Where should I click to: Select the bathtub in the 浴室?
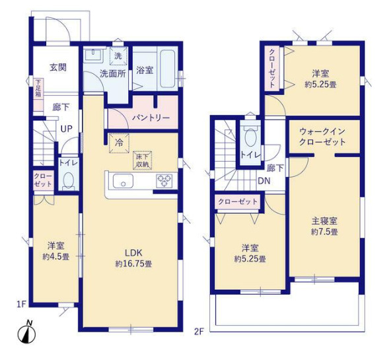[163, 68]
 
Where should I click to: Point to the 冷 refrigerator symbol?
[119, 141]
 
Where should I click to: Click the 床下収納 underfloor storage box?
[142, 160]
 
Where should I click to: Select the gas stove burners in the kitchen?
[163, 181]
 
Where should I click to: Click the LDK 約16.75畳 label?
[130, 256]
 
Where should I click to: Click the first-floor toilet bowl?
[68, 180]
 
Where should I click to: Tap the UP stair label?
[67, 129]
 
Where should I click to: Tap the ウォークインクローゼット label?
[322, 137]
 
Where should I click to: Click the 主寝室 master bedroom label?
[324, 221]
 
